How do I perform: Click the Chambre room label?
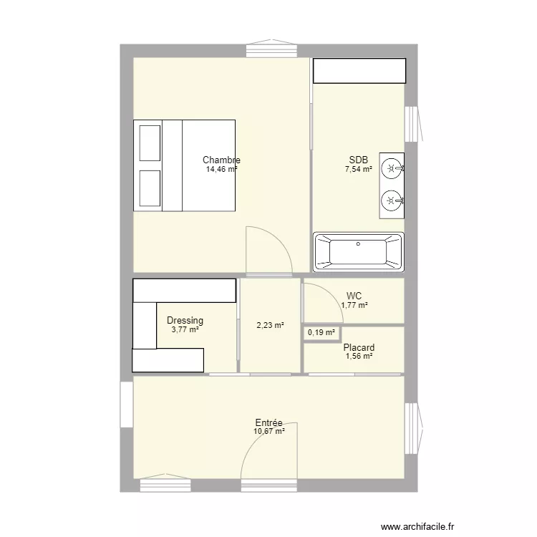tap(221, 160)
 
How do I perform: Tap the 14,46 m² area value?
tap(221, 170)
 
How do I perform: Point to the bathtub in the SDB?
tap(358, 252)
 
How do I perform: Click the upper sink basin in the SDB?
tap(391, 169)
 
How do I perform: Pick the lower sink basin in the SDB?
tap(391, 200)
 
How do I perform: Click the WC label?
tap(354, 296)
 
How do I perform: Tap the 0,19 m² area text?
tap(321, 333)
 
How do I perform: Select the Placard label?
tap(359, 348)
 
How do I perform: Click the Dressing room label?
tap(185, 321)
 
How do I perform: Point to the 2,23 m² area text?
tap(270, 325)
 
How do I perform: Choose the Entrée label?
tap(268, 422)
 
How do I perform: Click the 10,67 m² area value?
tap(268, 431)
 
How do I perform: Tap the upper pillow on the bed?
tap(150, 142)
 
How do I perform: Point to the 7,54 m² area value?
tap(358, 170)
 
